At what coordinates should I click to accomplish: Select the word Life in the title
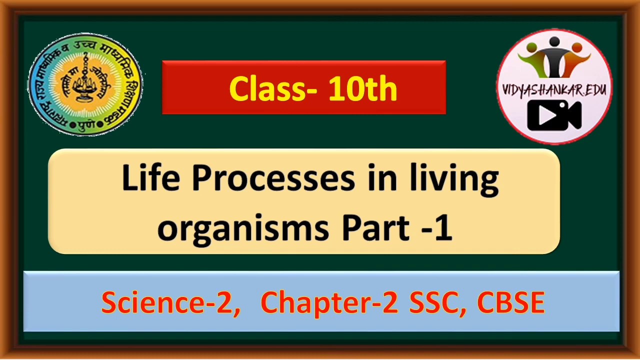(150, 178)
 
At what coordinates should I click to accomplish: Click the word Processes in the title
(273, 178)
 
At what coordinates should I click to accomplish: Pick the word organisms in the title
(243, 227)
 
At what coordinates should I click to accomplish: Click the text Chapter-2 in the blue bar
(329, 302)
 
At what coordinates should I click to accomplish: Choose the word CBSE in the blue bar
(510, 302)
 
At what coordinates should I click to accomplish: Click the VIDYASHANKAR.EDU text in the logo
(554, 90)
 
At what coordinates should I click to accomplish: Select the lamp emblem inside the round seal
(85, 82)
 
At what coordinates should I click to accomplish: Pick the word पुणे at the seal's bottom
(85, 123)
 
